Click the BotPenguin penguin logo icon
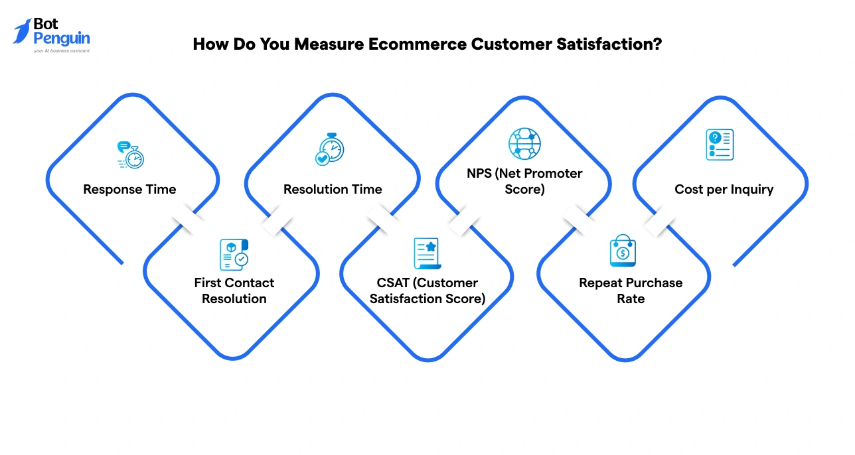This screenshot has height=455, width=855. (x=22, y=31)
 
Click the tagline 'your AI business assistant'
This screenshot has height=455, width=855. (x=61, y=50)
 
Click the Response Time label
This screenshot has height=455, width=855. (x=129, y=190)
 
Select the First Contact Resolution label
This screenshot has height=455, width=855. (x=234, y=291)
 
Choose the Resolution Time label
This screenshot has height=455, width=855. (x=333, y=190)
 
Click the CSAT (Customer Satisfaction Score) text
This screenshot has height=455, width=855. (x=428, y=291)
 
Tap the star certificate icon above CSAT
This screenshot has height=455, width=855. (x=428, y=253)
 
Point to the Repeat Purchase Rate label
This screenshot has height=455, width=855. (x=630, y=291)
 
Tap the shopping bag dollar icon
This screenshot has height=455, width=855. (x=623, y=251)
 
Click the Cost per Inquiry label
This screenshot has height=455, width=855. (x=724, y=190)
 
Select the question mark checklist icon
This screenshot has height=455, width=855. (x=720, y=144)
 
